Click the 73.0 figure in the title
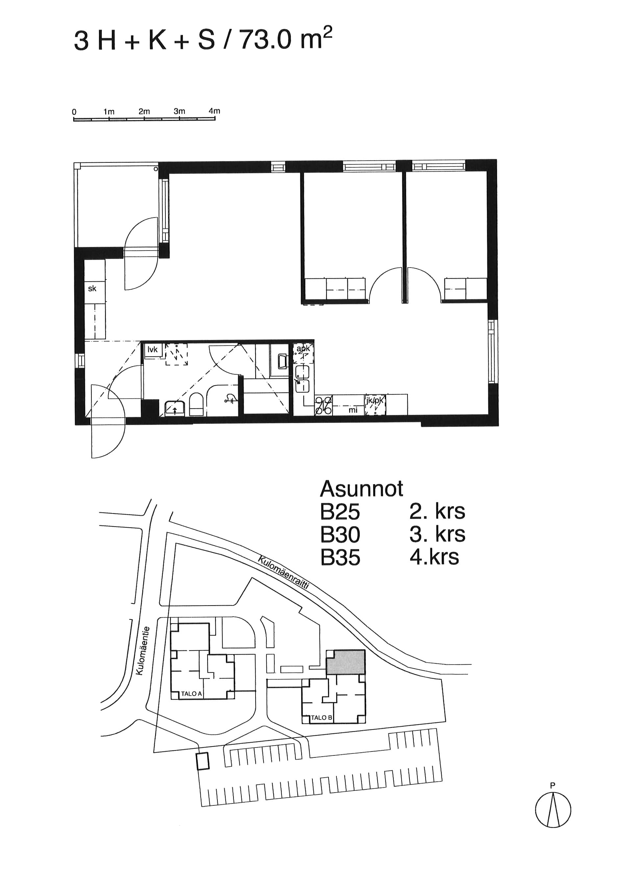pos(265,40)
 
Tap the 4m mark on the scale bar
pos(214,111)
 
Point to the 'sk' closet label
pos(92,289)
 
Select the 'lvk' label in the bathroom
pos(153,349)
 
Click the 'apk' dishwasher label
pos(303,348)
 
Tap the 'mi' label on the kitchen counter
pos(353,410)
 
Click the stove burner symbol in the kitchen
pos(323,405)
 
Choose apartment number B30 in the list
pos(340,535)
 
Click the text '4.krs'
pos(434,558)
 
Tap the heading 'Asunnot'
pos(361,489)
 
